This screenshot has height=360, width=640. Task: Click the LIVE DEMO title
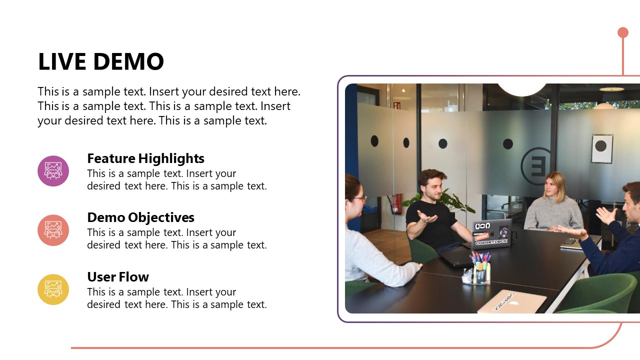tap(101, 61)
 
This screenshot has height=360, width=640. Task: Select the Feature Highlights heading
tap(145, 158)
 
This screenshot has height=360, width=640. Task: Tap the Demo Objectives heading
tap(140, 217)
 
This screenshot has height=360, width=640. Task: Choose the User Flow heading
tap(118, 277)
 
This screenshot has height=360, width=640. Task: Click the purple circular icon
tap(53, 171)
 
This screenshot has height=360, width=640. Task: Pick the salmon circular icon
tap(53, 230)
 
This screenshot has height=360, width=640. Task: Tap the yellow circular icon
tap(53, 289)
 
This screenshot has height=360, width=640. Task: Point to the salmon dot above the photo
tap(622, 32)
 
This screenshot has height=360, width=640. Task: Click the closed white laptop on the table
tap(512, 301)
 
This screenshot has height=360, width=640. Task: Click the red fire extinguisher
tap(397, 203)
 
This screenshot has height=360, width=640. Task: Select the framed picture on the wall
tap(601, 148)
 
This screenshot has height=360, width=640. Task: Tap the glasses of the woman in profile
tap(360, 198)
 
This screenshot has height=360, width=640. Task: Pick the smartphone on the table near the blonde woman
tap(570, 241)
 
